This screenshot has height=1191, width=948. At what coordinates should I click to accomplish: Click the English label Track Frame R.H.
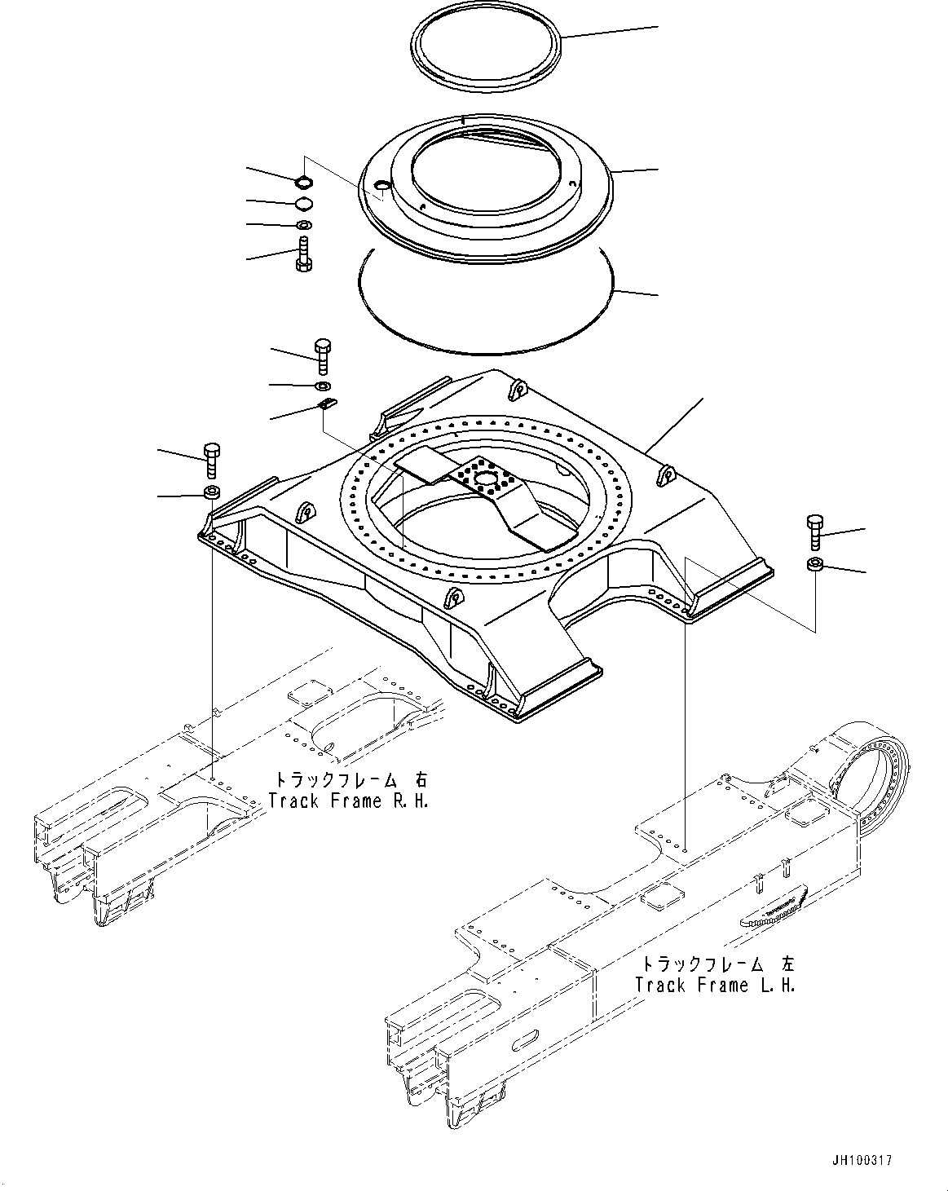coord(349,801)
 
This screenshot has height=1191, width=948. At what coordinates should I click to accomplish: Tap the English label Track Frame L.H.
coord(715,985)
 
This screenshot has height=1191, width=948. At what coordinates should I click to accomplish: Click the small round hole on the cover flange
coord(381,185)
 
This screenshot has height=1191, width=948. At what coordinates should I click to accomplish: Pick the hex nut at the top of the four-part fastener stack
coord(303,179)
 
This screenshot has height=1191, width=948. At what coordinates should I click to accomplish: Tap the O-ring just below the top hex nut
coord(304,204)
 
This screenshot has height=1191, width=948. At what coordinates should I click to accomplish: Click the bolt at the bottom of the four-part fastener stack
coord(304,254)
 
